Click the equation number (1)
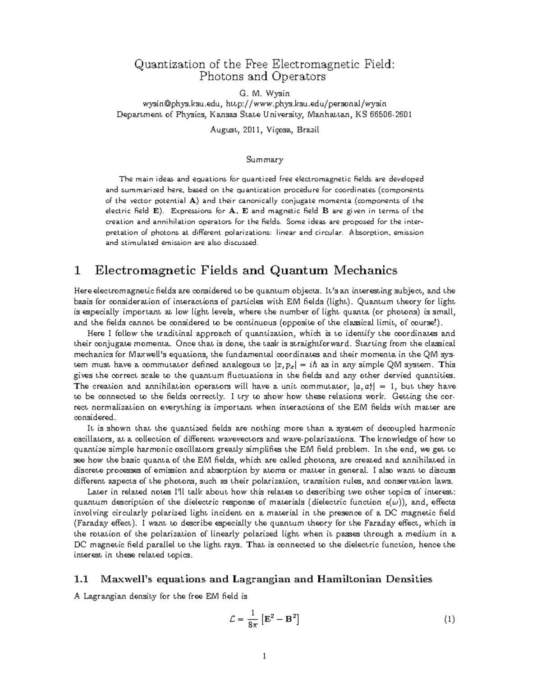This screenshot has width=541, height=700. click(x=449, y=620)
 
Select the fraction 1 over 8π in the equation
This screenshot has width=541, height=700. click(x=253, y=620)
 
